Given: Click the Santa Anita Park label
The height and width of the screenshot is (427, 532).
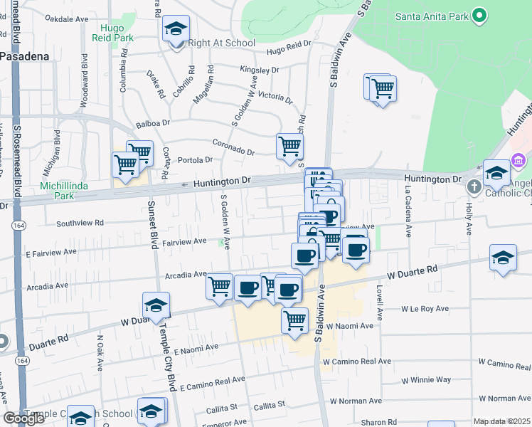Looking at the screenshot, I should point(431,15).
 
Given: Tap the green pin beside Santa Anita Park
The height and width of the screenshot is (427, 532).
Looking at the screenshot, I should point(479,14).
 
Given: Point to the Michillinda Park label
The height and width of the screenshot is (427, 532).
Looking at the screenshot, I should point(67,190).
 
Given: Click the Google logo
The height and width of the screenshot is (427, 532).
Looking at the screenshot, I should point(23,418).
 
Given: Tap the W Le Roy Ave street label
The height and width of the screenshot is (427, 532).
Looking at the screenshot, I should point(425,309).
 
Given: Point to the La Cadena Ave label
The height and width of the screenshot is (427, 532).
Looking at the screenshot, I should point(408,211).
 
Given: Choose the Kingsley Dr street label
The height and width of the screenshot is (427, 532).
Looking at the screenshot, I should point(259,70).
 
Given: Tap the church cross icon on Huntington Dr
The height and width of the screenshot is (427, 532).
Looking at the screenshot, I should point(474,187).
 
